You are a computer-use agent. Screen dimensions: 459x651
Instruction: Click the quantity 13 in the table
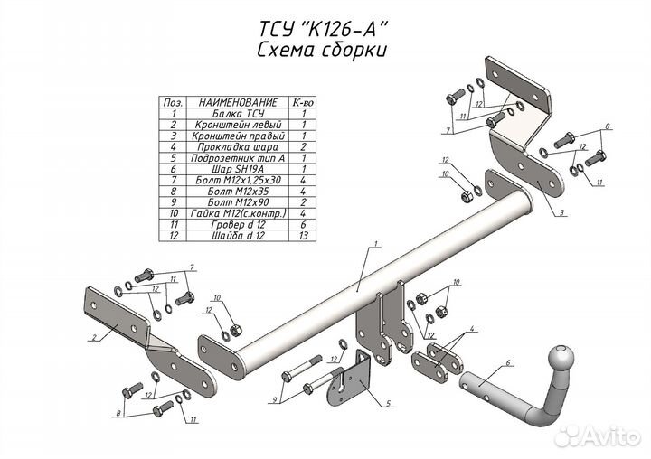pyautogui.click(x=304, y=235)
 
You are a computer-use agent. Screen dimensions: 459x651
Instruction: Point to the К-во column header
pyautogui.click(x=304, y=103)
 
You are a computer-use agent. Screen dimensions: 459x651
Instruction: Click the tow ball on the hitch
pyautogui.click(x=561, y=353)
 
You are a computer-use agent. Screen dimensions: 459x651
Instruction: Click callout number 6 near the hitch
pyautogui.click(x=508, y=361)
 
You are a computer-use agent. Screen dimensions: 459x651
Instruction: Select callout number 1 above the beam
pyautogui.click(x=374, y=244)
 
